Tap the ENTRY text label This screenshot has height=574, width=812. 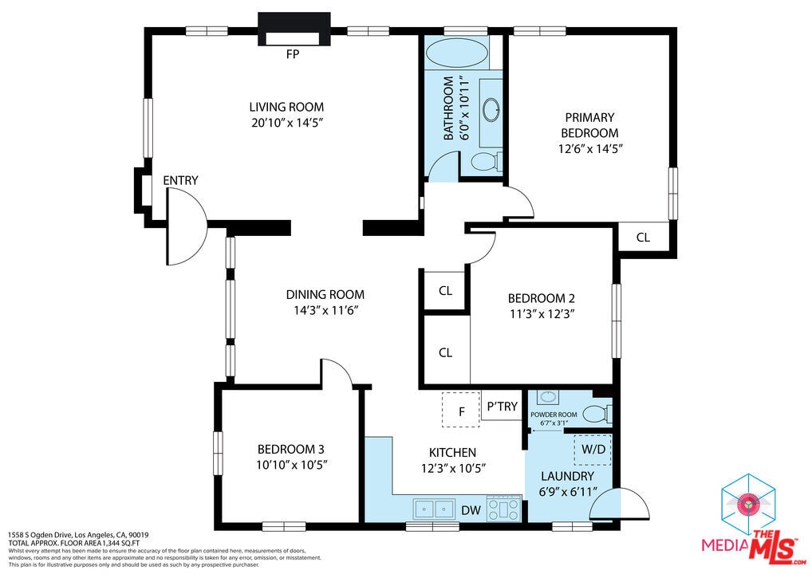click(x=180, y=181)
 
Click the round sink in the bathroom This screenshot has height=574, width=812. click(x=491, y=108)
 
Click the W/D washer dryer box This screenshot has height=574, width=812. click(x=593, y=450)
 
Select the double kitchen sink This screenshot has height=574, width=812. click(x=434, y=507)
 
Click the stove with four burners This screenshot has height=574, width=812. click(x=504, y=507)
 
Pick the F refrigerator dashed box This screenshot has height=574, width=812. click(x=461, y=410)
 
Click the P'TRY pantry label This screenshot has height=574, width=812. click(x=502, y=407)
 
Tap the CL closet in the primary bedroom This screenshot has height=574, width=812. click(x=643, y=238)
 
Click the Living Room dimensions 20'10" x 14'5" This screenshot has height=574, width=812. click(x=286, y=123)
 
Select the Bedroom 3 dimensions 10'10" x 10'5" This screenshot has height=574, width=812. click(x=291, y=464)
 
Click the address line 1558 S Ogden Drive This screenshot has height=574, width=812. click(x=78, y=535)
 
